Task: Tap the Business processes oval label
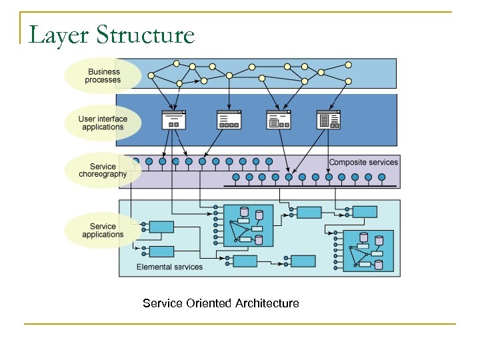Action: tap(103, 76)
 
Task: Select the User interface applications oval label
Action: tap(103, 123)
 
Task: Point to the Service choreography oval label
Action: tap(103, 171)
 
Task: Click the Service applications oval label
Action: tap(103, 231)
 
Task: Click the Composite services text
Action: tap(363, 162)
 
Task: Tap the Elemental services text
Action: tap(169, 267)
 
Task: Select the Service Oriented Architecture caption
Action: tap(221, 303)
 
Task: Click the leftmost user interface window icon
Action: tap(174, 120)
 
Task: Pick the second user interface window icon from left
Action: tap(229, 120)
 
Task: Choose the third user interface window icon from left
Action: tap(279, 120)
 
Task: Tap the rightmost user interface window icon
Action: tap(329, 120)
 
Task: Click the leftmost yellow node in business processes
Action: tap(151, 76)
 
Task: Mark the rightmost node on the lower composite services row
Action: tap(381, 177)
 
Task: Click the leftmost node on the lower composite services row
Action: tap(236, 177)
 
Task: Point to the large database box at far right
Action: tap(369, 251)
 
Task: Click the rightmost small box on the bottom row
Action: tap(303, 261)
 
